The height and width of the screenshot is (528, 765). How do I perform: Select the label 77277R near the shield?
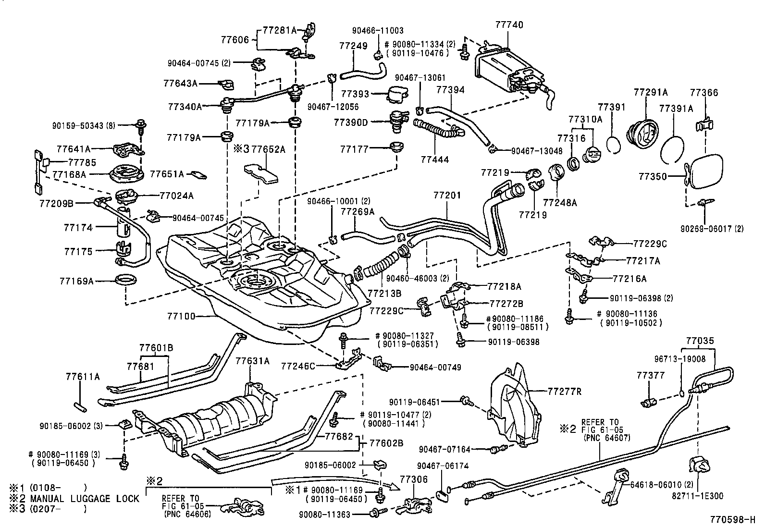(x=565, y=391)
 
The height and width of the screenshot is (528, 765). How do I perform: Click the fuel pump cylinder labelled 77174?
(x=124, y=226)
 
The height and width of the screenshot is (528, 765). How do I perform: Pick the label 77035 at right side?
(x=700, y=341)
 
